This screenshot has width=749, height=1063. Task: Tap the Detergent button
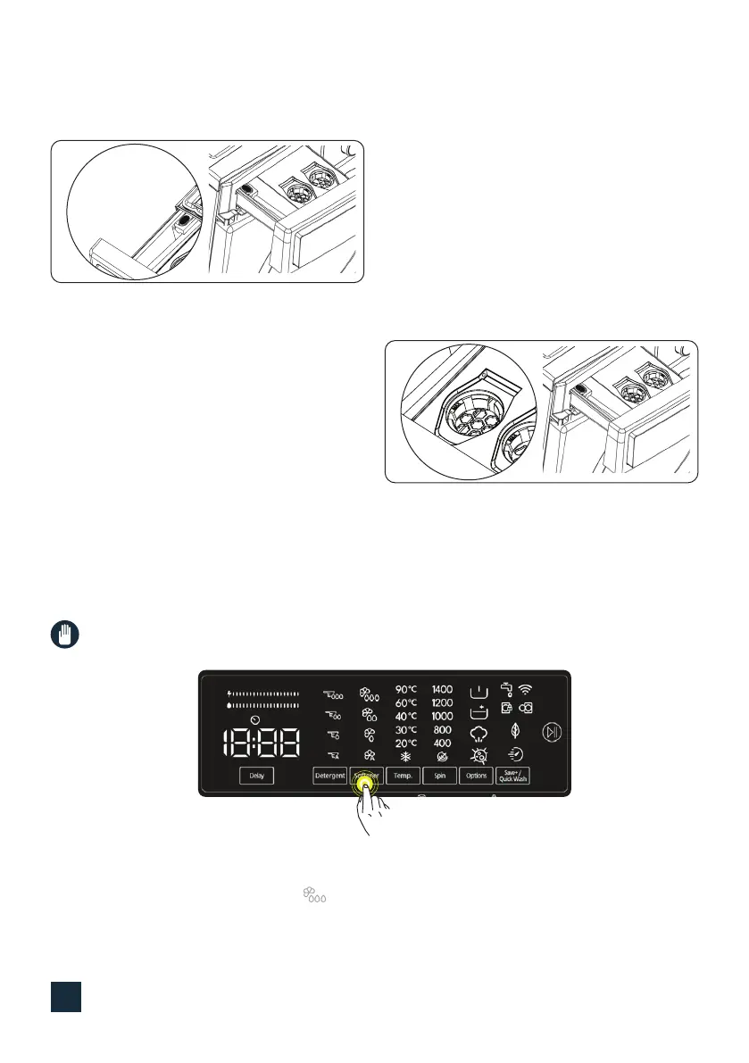pos(329,776)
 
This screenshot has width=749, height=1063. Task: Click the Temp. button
pos(402,776)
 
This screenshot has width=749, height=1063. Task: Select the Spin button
pos(439,776)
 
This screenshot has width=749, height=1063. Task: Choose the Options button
pos(476,776)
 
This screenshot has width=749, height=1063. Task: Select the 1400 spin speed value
pos(442,690)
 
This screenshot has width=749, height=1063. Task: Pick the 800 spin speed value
pos(442,730)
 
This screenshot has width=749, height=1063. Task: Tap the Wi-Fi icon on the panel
pos(526,689)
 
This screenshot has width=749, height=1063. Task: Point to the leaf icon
pos(515,729)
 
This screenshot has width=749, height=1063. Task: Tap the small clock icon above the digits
pos(255,719)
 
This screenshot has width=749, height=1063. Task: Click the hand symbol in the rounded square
pos(63,636)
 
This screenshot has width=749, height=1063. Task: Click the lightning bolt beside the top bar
pos(230,693)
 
